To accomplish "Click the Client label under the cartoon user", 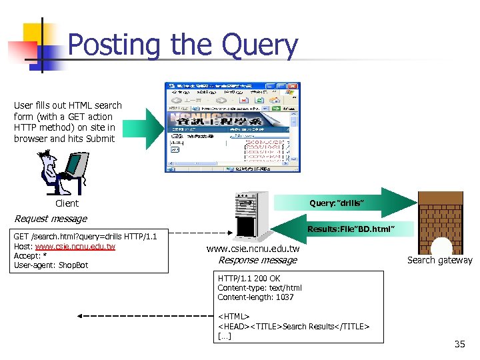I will (x=67, y=203).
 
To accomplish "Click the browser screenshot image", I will (x=232, y=127).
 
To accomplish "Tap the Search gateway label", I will (x=439, y=261).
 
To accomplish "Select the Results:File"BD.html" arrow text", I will (x=351, y=229).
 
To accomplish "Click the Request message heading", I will (x=51, y=219).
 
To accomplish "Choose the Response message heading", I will (x=257, y=260).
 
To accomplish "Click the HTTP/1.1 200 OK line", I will (x=249, y=279).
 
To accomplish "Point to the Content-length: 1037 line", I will (x=255, y=297).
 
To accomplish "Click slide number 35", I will (x=459, y=344).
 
